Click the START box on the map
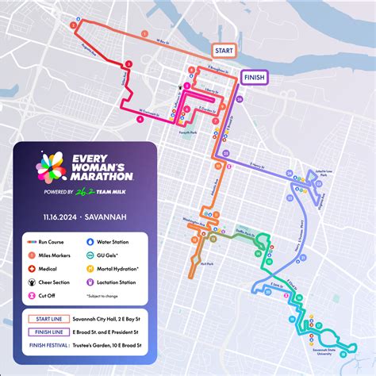(x=223, y=50)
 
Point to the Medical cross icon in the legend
(x=30, y=267)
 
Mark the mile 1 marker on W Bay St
(x=145, y=34)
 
